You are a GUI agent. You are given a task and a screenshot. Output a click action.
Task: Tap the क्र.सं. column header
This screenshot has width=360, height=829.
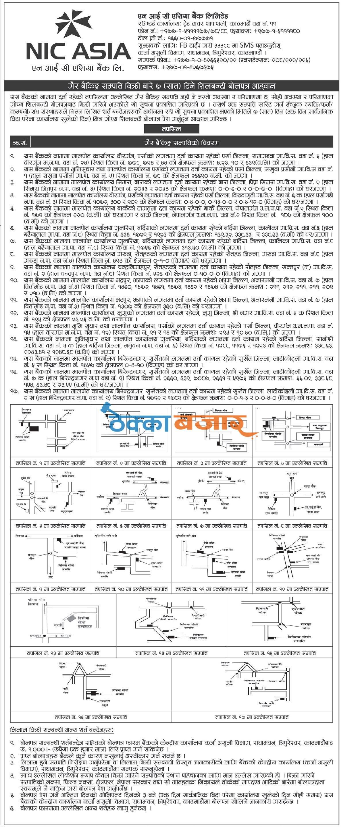click(20, 142)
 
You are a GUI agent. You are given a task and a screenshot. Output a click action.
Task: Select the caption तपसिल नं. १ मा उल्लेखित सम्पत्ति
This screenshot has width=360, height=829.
click(51, 463)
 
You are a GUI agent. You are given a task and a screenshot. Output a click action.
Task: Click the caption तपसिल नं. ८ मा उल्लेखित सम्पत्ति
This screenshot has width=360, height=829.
click(292, 526)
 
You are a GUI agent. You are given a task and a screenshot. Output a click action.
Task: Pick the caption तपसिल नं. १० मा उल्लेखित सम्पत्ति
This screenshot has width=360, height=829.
click(131, 589)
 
